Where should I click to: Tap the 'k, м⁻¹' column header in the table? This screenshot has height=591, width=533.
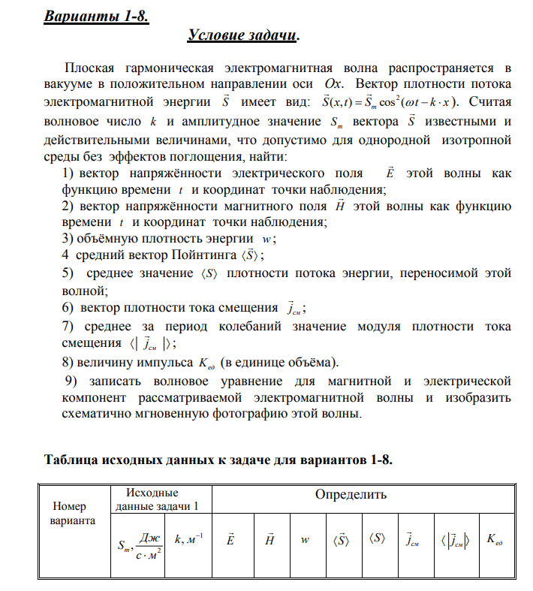click(x=188, y=539)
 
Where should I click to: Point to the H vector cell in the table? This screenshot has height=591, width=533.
click(x=269, y=539)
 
